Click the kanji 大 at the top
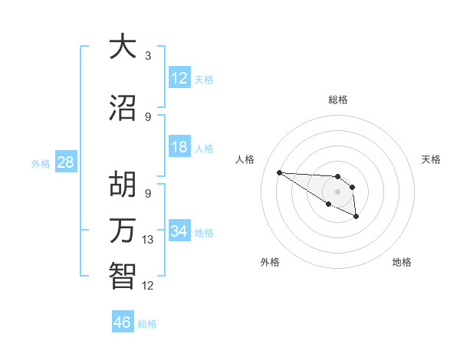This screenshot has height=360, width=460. click(123, 47)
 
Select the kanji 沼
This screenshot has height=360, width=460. click(123, 108)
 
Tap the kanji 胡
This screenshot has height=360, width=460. click(123, 185)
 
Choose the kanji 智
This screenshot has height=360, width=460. click(123, 275)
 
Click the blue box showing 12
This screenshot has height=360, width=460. click(179, 78)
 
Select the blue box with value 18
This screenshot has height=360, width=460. click(179, 147)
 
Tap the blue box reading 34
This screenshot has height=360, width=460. click(179, 231)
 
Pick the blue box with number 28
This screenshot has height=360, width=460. click(64, 162)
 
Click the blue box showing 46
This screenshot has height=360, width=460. click(123, 322)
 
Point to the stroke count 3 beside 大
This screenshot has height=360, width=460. click(148, 56)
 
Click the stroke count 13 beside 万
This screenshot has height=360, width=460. click(149, 240)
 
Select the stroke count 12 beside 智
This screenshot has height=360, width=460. click(149, 286)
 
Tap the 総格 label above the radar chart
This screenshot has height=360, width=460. click(337, 100)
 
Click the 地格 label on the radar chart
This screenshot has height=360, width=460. click(402, 262)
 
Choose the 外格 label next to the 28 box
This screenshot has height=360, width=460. click(41, 163)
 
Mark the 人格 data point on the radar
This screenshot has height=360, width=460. click(279, 172)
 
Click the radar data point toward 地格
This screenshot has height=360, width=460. click(356, 218)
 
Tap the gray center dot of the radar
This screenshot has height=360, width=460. click(337, 191)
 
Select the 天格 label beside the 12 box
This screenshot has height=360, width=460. click(204, 79)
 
